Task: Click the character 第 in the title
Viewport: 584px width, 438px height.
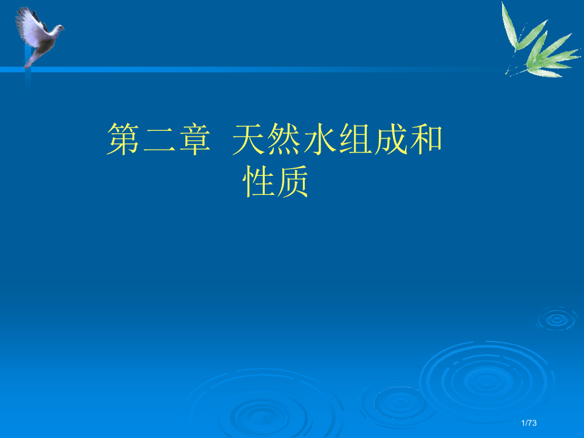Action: pyautogui.click(x=123, y=140)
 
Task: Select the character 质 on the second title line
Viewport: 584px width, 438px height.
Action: pyautogui.click(x=293, y=183)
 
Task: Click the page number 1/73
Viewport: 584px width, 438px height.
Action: pyautogui.click(x=528, y=423)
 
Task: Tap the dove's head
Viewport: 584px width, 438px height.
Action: pyautogui.click(x=58, y=28)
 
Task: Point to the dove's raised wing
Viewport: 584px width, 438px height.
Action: pyautogui.click(x=29, y=22)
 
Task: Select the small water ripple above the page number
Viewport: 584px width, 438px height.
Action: pyautogui.click(x=556, y=317)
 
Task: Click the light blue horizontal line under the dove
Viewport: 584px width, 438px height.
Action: pyautogui.click(x=254, y=69)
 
